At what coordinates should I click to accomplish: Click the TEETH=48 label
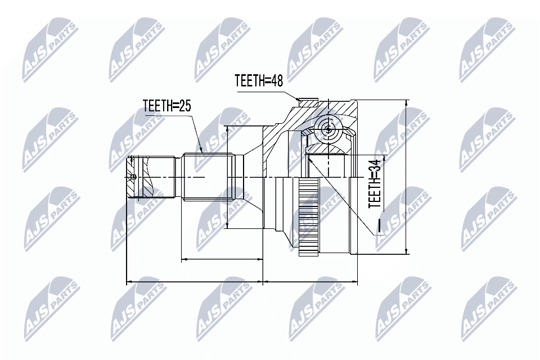[259, 80]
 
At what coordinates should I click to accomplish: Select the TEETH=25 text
[166, 106]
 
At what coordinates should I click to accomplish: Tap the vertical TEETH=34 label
[375, 183]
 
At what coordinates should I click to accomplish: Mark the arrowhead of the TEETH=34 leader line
[310, 159]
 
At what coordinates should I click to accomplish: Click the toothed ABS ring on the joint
[308, 217]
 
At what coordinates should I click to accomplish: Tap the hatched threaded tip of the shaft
[133, 178]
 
